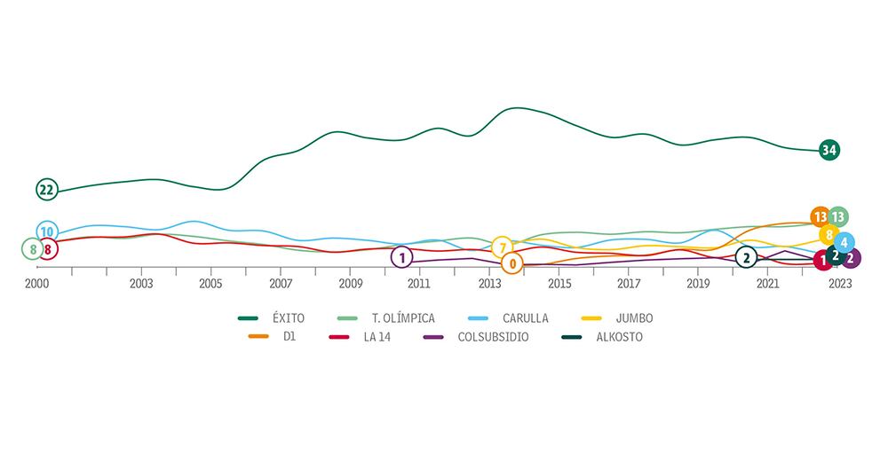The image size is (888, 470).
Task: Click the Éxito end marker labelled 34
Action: click(829, 150)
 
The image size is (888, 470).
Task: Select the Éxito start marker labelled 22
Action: click(47, 190)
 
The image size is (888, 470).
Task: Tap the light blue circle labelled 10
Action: click(47, 232)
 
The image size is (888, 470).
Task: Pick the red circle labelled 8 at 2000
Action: click(47, 249)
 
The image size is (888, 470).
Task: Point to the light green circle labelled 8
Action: click(33, 249)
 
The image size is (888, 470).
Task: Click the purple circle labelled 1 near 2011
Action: click(401, 257)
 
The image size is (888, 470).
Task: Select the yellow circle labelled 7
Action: click(503, 247)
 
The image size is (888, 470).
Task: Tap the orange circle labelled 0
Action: click(512, 263)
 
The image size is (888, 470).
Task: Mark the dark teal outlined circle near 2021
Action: click(747, 257)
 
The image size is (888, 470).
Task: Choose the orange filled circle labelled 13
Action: click(820, 216)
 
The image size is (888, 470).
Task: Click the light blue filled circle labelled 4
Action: click(844, 242)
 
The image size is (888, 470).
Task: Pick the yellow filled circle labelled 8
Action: click(829, 235)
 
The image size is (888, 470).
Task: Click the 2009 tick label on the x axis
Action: click(350, 284)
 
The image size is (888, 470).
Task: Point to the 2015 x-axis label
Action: click(559, 284)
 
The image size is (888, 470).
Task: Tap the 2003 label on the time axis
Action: click(140, 284)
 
